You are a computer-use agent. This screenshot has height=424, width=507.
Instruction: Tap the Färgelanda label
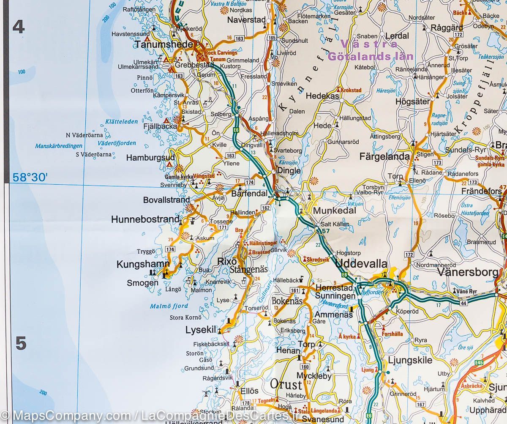point(384,156)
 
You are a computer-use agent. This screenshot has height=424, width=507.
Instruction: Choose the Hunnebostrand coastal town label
point(145,219)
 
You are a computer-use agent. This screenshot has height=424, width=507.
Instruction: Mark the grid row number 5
point(21,344)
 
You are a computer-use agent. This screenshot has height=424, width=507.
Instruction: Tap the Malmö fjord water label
point(169,306)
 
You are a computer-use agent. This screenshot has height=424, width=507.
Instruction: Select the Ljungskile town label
point(410,360)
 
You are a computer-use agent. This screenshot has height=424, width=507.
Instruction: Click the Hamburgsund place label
point(144,158)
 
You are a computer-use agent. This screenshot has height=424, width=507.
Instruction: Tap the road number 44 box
point(463,303)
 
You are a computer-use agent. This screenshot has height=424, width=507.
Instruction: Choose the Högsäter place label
point(412,101)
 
